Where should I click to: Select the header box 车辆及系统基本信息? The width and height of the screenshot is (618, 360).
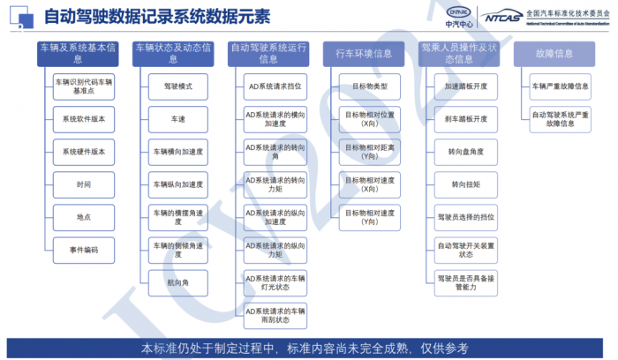[79, 53]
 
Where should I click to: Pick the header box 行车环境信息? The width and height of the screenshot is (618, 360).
[364, 53]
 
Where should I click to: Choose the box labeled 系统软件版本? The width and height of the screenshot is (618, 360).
[84, 118]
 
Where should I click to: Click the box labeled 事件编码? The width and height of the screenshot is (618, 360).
[84, 250]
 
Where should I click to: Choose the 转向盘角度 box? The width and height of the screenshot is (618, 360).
[466, 152]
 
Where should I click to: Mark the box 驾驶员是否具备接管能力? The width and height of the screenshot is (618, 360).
[466, 281]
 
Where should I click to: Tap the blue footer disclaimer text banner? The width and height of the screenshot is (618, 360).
[309, 348]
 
